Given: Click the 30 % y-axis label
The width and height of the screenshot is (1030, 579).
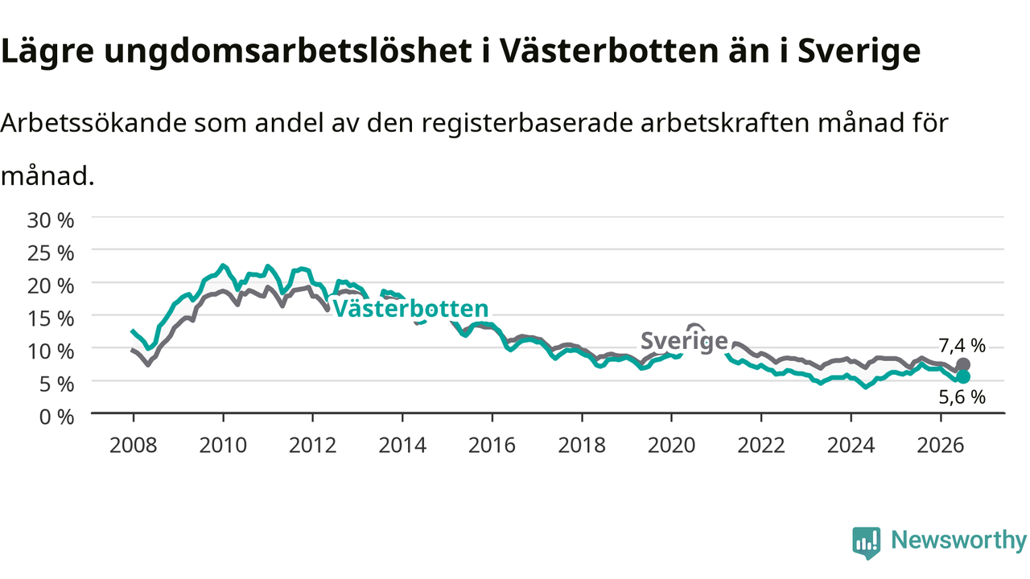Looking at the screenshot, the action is click(x=51, y=220).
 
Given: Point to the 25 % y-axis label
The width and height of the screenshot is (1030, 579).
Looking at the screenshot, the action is click(x=51, y=253).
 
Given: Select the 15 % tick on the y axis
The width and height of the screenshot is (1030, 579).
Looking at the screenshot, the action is click(x=51, y=319).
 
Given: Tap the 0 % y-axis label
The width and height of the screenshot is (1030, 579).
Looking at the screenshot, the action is click(x=56, y=417).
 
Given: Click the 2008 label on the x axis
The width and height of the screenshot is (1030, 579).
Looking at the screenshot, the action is click(x=134, y=446).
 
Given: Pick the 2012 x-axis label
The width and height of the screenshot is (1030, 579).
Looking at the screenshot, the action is click(x=313, y=446).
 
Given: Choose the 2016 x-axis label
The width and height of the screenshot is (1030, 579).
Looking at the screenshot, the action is click(x=492, y=446).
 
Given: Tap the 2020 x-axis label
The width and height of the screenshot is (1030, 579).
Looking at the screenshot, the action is click(x=671, y=446).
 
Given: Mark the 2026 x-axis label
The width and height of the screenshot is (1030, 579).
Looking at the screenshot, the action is click(x=941, y=446).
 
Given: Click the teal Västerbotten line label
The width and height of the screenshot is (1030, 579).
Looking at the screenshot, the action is click(x=410, y=308).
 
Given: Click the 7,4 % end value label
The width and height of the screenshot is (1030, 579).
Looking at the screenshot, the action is click(x=962, y=346).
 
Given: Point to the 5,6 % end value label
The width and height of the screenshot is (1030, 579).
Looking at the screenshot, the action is click(x=962, y=397).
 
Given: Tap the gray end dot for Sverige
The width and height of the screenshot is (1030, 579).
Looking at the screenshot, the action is click(x=963, y=365).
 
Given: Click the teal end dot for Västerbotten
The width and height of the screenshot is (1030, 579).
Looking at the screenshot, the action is click(x=963, y=377).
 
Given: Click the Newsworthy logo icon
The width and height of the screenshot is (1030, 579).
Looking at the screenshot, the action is click(x=867, y=543).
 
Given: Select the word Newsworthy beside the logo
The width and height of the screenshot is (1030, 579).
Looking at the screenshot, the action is click(x=959, y=540).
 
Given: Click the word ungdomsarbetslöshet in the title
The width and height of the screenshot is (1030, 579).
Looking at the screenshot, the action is click(x=288, y=51).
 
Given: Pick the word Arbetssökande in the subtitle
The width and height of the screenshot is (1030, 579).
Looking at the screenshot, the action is click(x=94, y=123).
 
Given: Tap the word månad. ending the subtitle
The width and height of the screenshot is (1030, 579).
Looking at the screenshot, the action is click(x=47, y=175).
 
